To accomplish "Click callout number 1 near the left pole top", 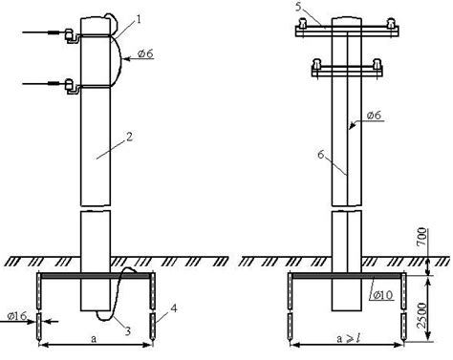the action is click(x=139, y=19).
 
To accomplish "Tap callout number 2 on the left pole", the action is click(x=130, y=137).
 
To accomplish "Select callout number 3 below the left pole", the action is click(x=128, y=331).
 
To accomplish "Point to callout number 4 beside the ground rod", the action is click(x=174, y=308).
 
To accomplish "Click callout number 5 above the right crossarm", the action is click(x=298, y=7).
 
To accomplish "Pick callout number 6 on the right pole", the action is click(x=321, y=155).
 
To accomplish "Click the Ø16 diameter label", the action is click(x=17, y=316).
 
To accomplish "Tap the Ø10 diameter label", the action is click(x=382, y=295).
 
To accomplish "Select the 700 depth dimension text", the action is click(x=421, y=236).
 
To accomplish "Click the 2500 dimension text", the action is click(x=421, y=315).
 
